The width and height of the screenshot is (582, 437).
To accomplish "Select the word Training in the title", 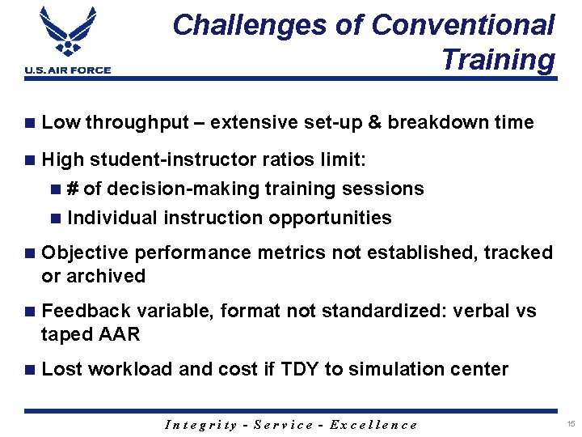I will pyautogui.click(x=498, y=59).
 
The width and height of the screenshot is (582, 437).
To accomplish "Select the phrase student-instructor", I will pyautogui.click(x=173, y=159).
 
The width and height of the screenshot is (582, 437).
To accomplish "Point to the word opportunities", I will pyautogui.click(x=330, y=218).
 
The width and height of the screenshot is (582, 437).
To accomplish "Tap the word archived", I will pyautogui.click(x=107, y=277).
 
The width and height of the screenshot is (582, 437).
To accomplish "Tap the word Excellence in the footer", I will pyautogui.click(x=379, y=425).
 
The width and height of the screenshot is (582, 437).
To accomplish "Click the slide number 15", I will pyautogui.click(x=571, y=424).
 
